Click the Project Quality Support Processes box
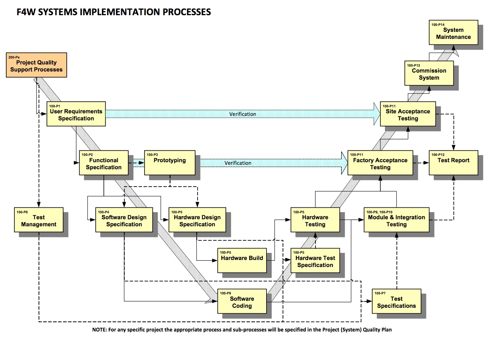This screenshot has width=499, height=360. tap(36, 65)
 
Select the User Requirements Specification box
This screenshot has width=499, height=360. tap(76, 114)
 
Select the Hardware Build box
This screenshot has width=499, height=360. tap(242, 260)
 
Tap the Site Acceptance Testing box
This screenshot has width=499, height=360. tap(408, 114)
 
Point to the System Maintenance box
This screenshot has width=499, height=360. tap(453, 33)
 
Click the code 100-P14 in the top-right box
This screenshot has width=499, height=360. tap(438, 25)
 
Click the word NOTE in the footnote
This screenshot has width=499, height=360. tap(99, 330)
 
